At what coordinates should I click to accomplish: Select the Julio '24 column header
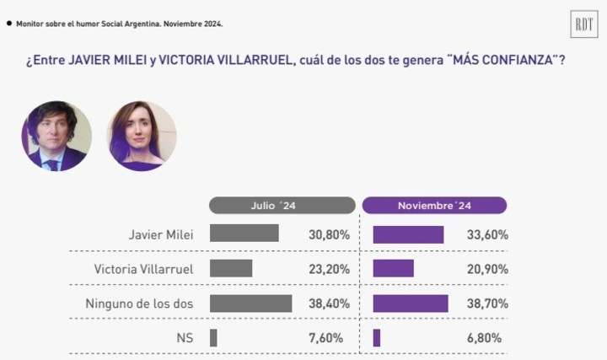282,206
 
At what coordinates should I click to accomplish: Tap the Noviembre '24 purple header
434,206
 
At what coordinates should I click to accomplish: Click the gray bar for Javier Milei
244,234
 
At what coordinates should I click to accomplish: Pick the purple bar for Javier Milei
408,234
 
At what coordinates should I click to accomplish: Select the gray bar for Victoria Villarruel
231,268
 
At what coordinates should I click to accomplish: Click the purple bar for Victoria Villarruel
393,268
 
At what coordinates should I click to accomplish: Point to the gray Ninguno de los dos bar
250,303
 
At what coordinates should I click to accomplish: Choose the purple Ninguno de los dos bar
411,303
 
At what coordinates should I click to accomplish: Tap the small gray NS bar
213,338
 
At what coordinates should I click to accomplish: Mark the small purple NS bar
377,338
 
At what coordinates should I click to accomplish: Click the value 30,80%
329,235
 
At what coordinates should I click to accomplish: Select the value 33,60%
487,235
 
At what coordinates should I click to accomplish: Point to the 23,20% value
329,269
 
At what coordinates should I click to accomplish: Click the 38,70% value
487,304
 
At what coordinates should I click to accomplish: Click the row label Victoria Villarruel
143,269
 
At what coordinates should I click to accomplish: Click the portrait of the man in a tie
56,136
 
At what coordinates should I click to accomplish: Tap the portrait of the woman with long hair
142,136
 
